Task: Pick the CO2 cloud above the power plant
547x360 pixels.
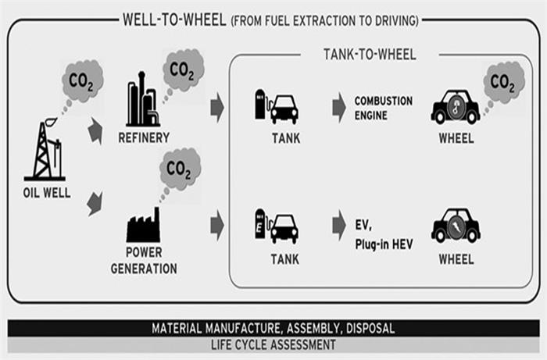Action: click(179, 168)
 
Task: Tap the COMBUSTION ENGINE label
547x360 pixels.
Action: click(383, 108)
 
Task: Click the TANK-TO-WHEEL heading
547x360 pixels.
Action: click(370, 55)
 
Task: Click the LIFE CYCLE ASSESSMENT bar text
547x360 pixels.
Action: click(273, 344)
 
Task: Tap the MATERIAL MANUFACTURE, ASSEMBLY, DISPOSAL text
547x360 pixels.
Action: click(273, 328)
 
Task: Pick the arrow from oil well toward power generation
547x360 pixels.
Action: click(95, 205)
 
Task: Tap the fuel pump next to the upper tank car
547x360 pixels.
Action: click(260, 105)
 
